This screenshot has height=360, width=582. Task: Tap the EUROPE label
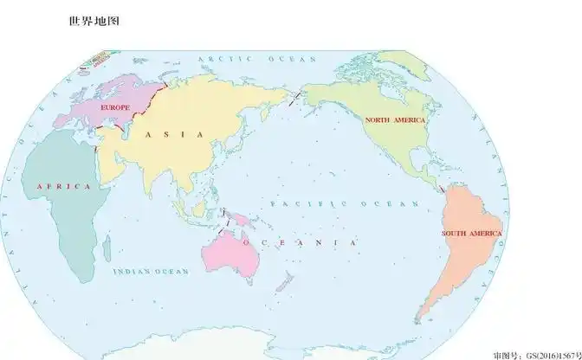(x=115, y=106)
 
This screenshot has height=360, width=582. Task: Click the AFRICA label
(x=63, y=186)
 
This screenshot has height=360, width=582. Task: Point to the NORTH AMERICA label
(x=395, y=120)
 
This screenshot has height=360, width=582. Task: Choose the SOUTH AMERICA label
(x=471, y=234)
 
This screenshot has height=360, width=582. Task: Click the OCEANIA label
(x=299, y=243)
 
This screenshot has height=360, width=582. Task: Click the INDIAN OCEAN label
(x=151, y=272)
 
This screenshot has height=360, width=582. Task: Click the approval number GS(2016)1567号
(x=537, y=354)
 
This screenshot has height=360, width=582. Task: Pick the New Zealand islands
(x=283, y=281)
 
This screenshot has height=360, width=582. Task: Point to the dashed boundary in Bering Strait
(x=297, y=96)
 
